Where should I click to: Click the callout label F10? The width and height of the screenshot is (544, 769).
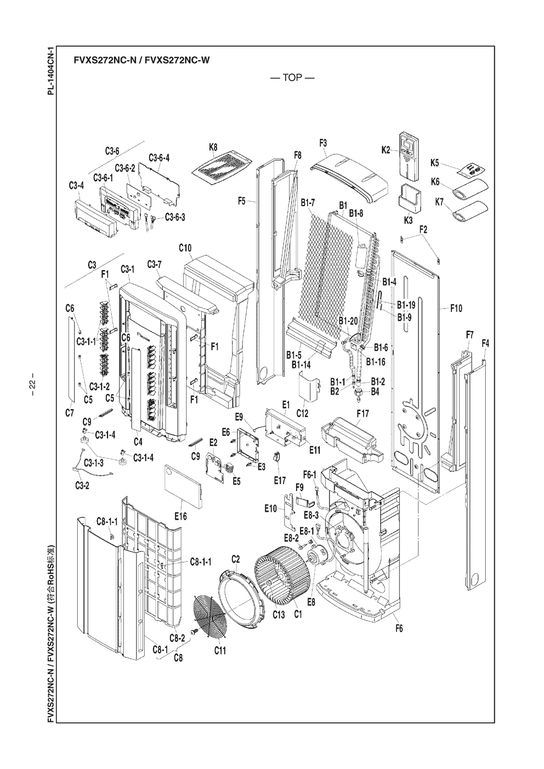click(456, 309)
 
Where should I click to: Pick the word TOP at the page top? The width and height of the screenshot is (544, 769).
click(292, 78)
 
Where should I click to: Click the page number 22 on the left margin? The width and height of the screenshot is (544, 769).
click(32, 384)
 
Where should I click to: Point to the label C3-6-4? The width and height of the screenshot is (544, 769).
click(159, 158)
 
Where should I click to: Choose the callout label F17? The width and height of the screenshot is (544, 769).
click(362, 413)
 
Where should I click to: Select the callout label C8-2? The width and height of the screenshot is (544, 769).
click(177, 637)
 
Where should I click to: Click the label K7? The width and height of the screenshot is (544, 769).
click(439, 202)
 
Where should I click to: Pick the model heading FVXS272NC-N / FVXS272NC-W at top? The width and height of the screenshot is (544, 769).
click(141, 60)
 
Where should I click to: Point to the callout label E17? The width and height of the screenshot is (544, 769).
click(280, 481)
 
